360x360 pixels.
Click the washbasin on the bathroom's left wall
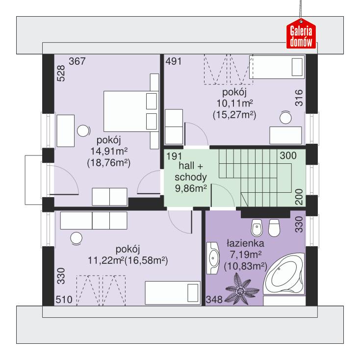tap(213, 257)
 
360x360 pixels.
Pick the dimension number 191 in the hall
tap(175, 156)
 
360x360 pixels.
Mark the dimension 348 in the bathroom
tap(214, 299)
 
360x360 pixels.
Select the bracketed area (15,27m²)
tap(234, 114)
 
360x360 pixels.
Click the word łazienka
tap(245, 243)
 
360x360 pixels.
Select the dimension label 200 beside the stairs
tap(299, 197)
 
